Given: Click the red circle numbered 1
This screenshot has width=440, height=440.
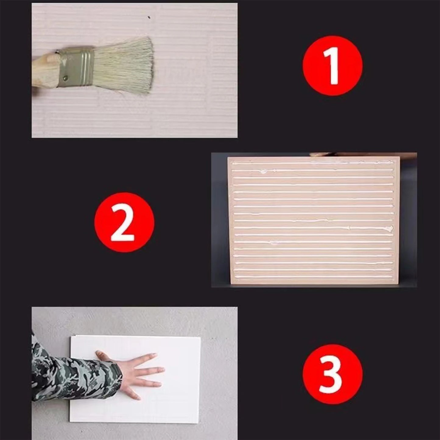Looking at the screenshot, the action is coord(333,65).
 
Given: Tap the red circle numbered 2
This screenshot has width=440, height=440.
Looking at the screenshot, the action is coord(125,222).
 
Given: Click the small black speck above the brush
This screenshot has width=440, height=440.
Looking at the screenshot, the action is coord(149,17).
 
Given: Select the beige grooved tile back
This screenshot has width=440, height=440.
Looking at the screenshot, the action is coord(314,220).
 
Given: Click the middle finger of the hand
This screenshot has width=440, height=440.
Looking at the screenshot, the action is coord(149,370).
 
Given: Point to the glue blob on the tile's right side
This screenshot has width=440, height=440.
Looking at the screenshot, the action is coord(389,228).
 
